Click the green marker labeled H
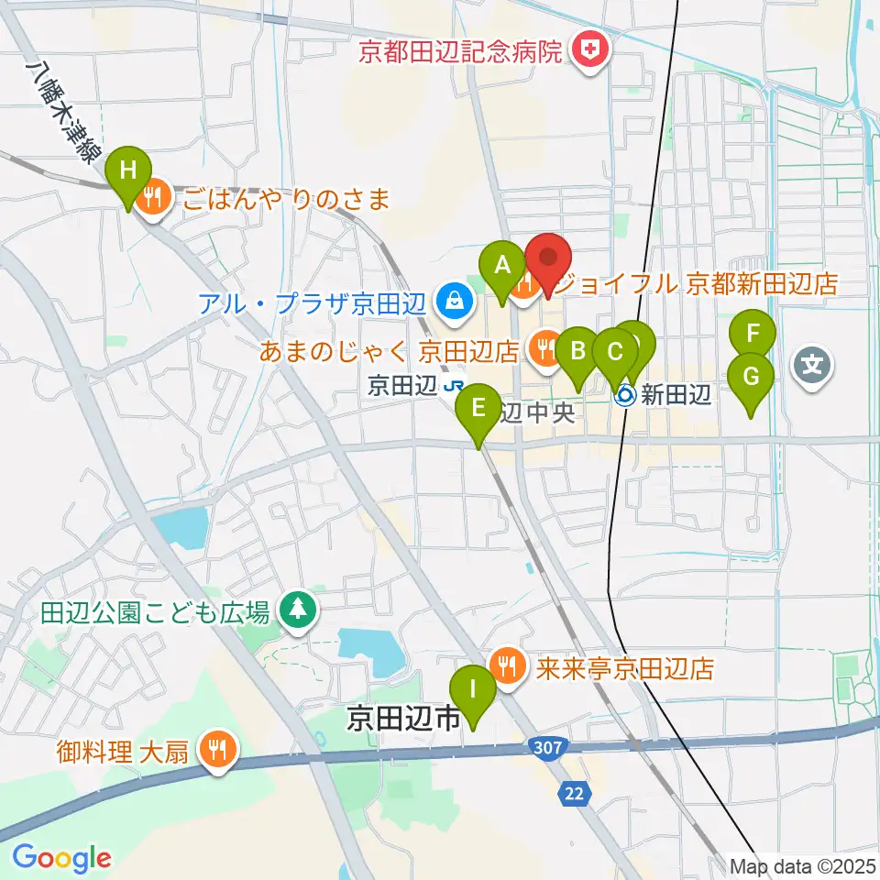(x=128, y=170)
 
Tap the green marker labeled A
(x=501, y=265)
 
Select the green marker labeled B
(x=577, y=351)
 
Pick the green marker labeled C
(x=615, y=351)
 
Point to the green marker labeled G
(x=751, y=376)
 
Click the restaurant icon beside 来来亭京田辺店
(x=506, y=662)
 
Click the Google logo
(x=62, y=858)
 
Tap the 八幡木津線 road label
(x=63, y=113)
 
